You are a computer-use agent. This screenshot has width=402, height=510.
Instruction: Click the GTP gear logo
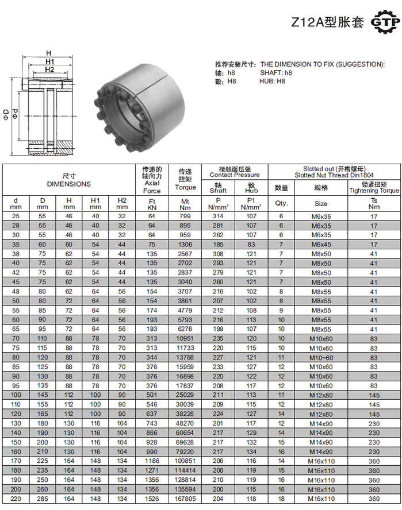[385, 22]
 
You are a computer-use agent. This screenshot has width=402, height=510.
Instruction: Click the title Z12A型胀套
[327, 22]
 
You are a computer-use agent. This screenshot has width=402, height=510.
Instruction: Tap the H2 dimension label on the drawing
[49, 69]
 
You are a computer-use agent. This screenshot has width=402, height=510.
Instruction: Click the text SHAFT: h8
[276, 73]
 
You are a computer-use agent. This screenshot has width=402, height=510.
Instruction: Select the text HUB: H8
[272, 82]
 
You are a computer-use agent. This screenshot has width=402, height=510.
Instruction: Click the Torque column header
[185, 187]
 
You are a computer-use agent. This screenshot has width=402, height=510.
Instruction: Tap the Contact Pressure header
[235, 175]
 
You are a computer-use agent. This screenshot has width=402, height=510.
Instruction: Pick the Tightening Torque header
[374, 191]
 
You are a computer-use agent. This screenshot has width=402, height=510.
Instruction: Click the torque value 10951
[185, 339]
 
